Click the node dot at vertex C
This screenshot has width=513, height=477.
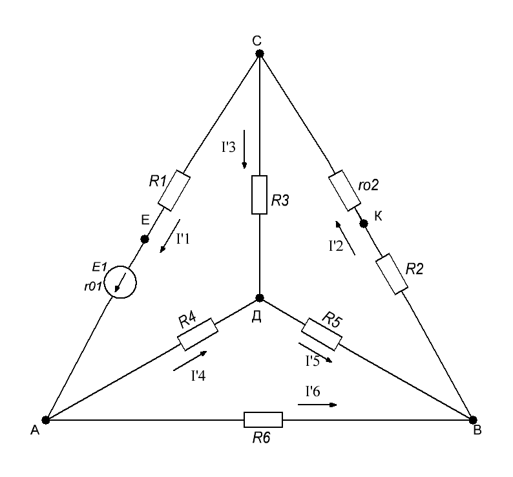pyautogui.click(x=260, y=54)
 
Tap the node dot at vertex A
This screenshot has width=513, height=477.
pyautogui.click(x=46, y=420)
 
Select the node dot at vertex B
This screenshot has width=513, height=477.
pyautogui.click(x=473, y=420)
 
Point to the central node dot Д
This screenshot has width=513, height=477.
pyautogui.click(x=260, y=298)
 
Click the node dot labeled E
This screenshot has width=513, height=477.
pyautogui.click(x=145, y=239)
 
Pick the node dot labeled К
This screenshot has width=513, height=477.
pyautogui.click(x=364, y=224)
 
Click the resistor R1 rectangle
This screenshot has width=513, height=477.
pyautogui.click(x=174, y=191)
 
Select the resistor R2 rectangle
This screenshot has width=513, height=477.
pyautogui.click(x=392, y=273)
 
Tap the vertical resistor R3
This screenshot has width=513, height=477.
pyautogui.click(x=259, y=195)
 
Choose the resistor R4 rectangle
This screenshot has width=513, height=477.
pyautogui.click(x=198, y=334)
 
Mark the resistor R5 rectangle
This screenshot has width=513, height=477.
pyautogui.click(x=322, y=334)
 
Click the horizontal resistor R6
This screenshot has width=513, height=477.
pyautogui.click(x=263, y=419)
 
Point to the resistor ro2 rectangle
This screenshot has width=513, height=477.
pyautogui.click(x=344, y=191)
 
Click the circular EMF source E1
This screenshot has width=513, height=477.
pyautogui.click(x=120, y=282)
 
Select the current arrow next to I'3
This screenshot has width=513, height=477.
pyautogui.click(x=244, y=149)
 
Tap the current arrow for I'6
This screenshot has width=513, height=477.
pyautogui.click(x=317, y=405)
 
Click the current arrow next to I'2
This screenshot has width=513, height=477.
pyautogui.click(x=345, y=238)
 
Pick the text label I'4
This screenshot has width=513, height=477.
pyautogui.click(x=198, y=376)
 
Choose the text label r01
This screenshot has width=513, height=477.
pyautogui.click(x=93, y=286)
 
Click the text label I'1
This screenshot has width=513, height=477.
pyautogui.click(x=183, y=239)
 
